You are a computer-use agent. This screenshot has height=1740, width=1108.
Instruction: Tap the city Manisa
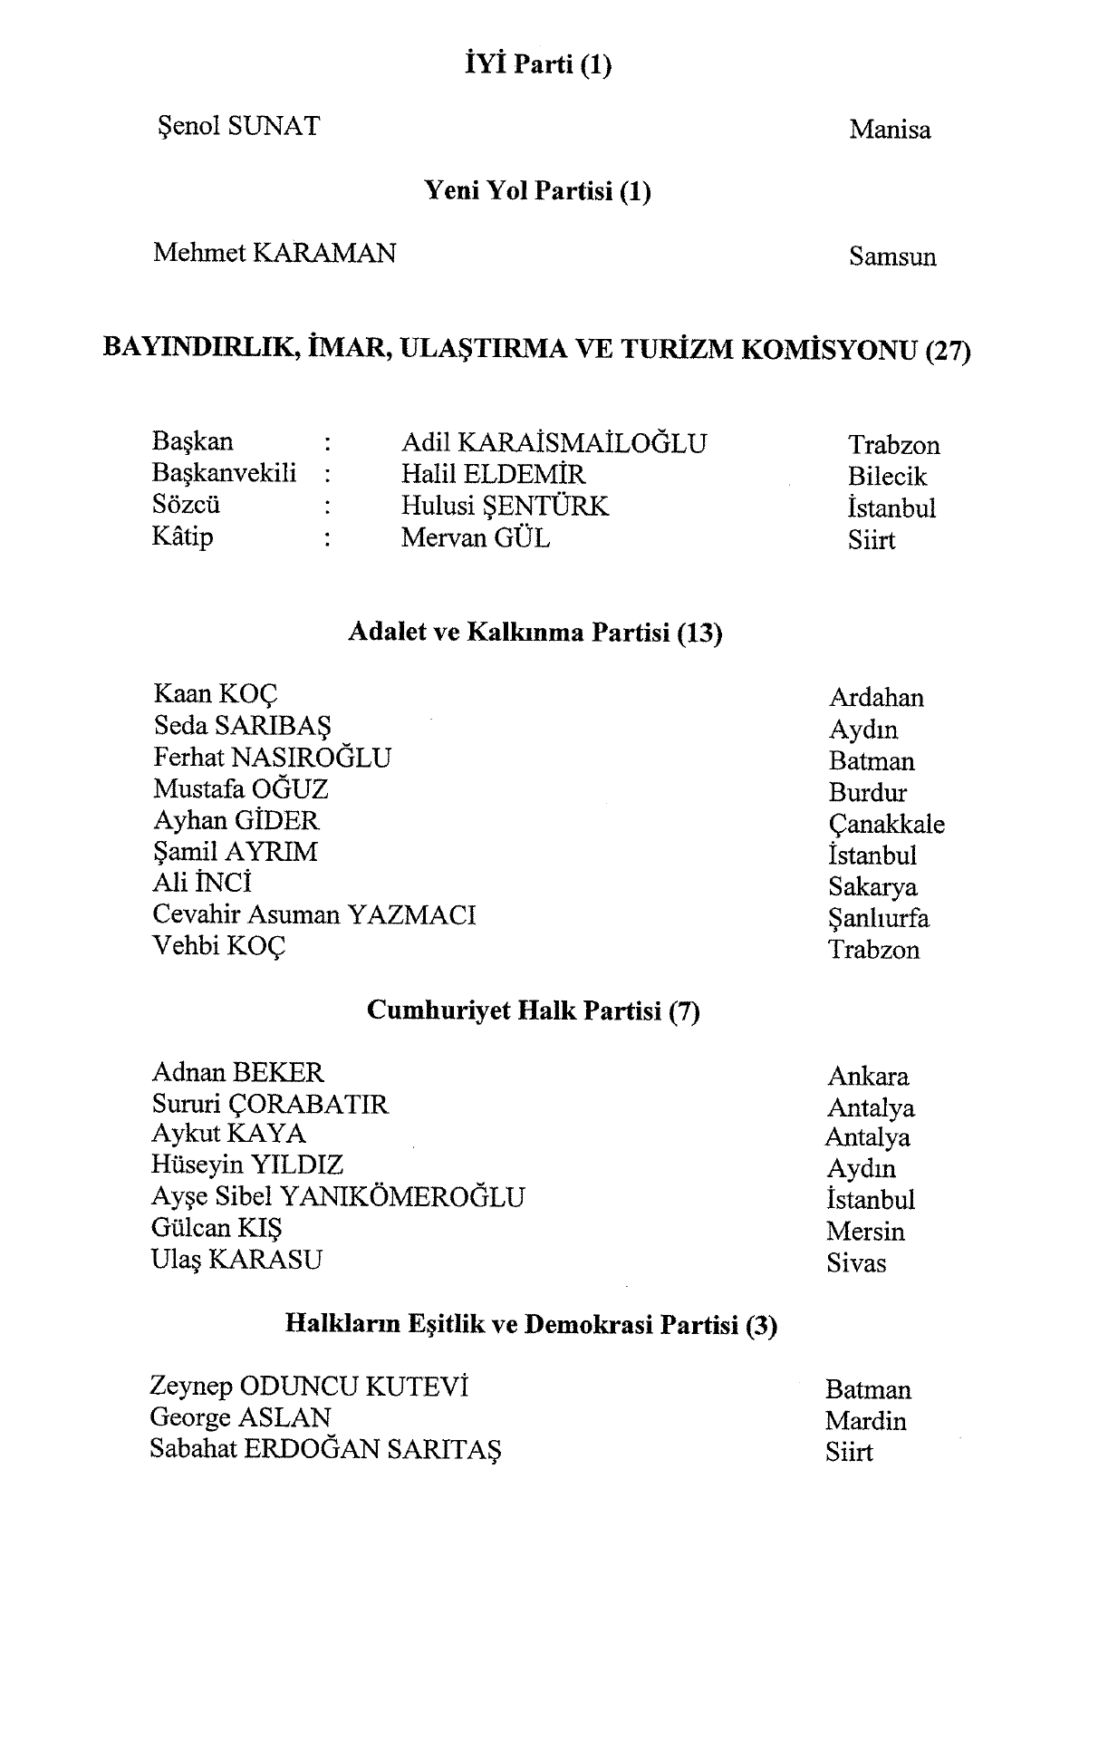[890, 130]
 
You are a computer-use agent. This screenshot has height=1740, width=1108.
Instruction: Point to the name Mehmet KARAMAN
[275, 253]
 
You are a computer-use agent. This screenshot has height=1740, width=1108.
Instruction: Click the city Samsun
[892, 256]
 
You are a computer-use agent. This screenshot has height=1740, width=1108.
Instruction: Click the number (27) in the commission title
[948, 350]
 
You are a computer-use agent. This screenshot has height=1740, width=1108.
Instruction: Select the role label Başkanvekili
[224, 473]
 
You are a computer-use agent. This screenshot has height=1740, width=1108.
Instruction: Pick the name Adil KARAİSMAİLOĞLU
[554, 443]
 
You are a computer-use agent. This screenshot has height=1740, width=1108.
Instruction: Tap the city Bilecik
[887, 477]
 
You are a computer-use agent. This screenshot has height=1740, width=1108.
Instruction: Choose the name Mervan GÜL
[476, 538]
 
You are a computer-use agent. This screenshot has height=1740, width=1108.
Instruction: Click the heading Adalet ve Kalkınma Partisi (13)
[535, 633]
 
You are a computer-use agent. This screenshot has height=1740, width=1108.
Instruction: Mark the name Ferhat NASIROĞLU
[272, 758]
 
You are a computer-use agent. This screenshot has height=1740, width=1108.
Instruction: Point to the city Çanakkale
[886, 824]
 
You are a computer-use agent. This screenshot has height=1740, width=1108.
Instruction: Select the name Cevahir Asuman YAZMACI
[313, 914]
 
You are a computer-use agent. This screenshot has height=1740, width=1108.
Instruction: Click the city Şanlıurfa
[878, 918]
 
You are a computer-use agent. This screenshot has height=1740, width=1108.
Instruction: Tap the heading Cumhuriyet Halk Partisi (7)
[533, 1010]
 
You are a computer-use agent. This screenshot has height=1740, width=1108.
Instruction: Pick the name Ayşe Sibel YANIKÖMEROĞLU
[337, 1197]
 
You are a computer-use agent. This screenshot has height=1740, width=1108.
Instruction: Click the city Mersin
[865, 1232]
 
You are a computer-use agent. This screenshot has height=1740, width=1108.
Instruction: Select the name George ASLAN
[240, 1417]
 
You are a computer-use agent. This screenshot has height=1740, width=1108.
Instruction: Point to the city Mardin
[865, 1421]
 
